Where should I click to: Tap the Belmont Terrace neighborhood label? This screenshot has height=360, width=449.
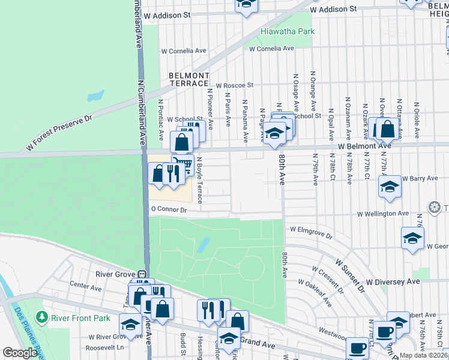coord(189,79)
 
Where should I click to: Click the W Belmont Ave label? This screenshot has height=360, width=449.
coord(364,146)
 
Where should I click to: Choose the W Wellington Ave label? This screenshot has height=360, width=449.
coord(383,214)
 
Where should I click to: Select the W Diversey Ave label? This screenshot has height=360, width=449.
coord(393,281)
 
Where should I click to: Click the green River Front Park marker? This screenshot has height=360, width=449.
coord(41,316)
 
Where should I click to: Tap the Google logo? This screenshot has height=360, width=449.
coord(20,353)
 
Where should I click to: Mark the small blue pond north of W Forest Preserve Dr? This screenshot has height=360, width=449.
coord(95,95)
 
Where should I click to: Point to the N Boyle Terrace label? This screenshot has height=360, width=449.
coord(200,174)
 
